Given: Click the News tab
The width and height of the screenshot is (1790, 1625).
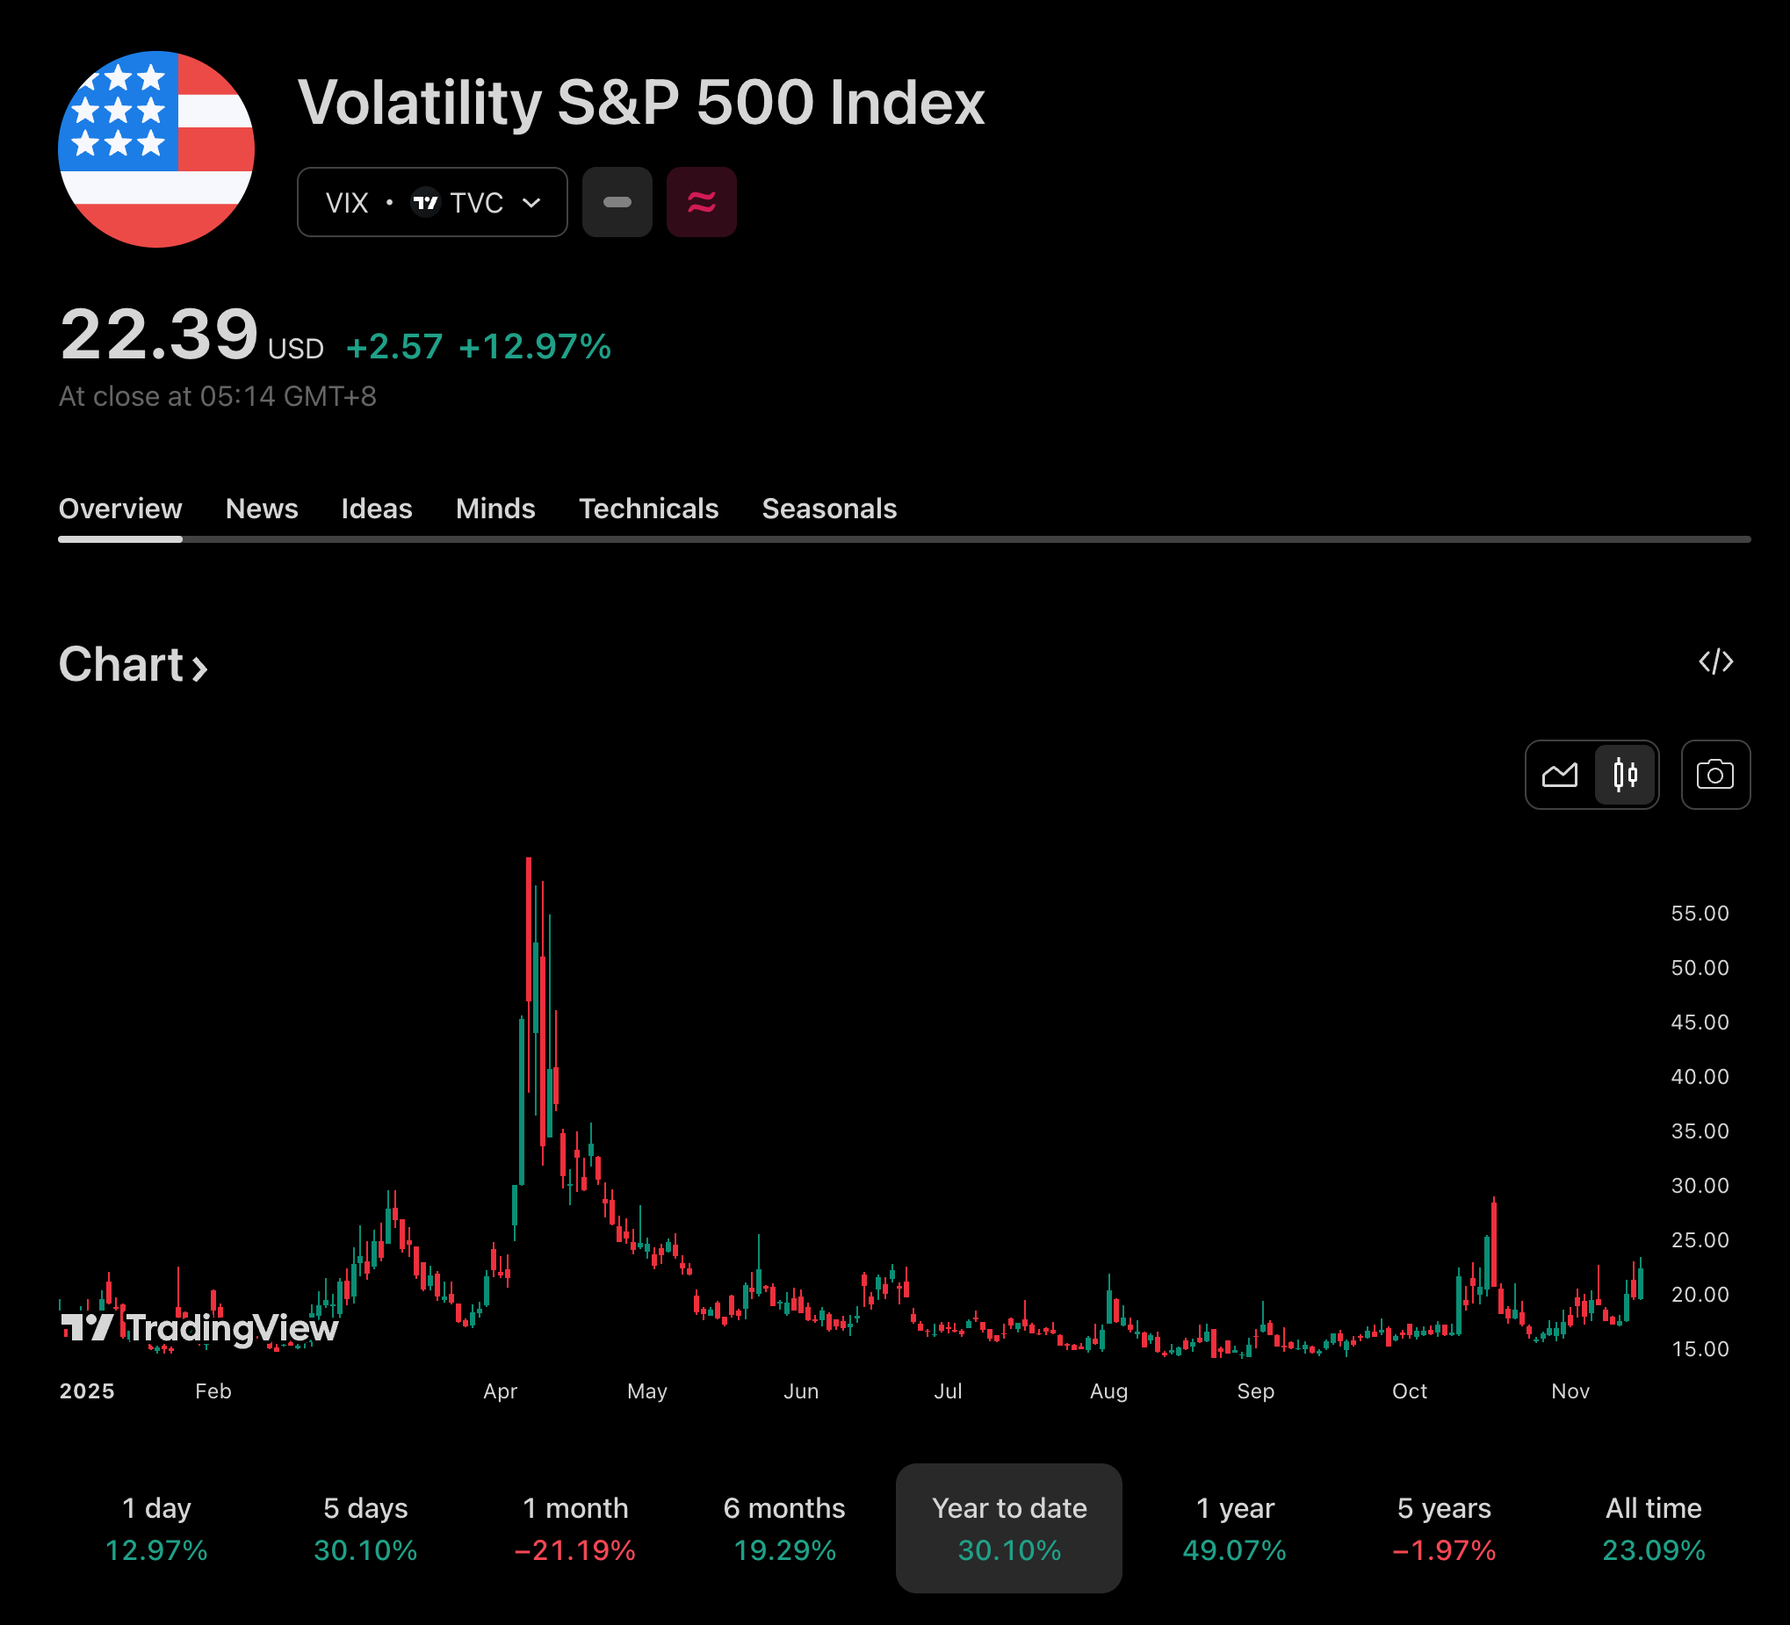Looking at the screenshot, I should coord(261,509).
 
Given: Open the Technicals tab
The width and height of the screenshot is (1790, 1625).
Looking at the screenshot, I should coord(648,509).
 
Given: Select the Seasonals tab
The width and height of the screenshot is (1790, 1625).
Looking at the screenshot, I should coord(828,509).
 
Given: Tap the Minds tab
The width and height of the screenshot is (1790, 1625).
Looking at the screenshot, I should coord(494,509).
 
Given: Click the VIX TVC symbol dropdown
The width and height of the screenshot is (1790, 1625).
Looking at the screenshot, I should coord(431,202).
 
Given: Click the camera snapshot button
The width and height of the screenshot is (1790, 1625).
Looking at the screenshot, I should coord(1714,776).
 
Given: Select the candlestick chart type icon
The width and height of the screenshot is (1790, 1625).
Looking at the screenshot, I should coord(1625,776).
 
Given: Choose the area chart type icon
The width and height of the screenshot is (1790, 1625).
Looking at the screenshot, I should coord(1559,776).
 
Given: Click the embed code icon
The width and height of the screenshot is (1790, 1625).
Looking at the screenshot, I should coord(1715,661).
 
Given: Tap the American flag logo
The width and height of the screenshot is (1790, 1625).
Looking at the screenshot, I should coord(156,149).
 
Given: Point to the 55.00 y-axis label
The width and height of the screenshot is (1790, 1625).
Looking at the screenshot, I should coord(1700,914).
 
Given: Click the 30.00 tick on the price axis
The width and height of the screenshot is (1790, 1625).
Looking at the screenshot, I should coord(1700,1186).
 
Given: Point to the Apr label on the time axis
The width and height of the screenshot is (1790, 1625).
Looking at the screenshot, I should coord(500,1391).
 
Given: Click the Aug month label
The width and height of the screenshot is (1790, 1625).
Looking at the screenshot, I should coord(1108,1391).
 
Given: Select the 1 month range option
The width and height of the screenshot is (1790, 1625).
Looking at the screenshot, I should coord(574,1528).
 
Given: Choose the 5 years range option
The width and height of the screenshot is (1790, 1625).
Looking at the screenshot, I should coord(1444,1528).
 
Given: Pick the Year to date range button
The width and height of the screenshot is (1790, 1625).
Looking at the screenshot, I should coord(1008,1528).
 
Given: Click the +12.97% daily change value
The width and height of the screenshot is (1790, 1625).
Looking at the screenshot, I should coord(535,346).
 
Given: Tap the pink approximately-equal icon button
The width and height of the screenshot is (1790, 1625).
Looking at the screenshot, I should coord(702,202).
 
